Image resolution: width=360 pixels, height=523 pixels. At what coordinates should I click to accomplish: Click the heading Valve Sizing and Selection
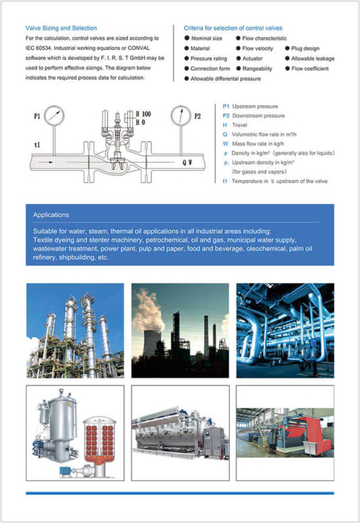coord(61,28)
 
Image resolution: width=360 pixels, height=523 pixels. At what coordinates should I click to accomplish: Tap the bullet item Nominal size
coord(203,39)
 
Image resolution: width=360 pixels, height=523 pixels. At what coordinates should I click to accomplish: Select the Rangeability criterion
coord(254,69)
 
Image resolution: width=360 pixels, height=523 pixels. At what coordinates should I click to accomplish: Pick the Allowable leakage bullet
coord(310,58)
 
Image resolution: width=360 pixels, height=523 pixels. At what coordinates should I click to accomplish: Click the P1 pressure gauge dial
coord(54,116)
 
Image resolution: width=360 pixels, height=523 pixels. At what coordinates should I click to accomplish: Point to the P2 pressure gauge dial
coord(181,116)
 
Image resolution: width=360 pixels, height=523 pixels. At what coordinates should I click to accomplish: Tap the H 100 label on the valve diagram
coord(143,114)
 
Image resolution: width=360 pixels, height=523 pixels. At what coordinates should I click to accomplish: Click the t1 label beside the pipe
coord(37,144)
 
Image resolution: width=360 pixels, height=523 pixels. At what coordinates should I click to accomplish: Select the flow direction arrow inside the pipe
coord(46,162)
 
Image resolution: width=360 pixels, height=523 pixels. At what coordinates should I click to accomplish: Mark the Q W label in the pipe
coord(187,162)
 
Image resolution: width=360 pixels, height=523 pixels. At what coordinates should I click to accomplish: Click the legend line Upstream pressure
coord(250,107)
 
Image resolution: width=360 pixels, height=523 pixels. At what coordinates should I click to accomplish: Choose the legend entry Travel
coord(235,125)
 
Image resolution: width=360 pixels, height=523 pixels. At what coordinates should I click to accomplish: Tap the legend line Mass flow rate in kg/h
coord(254,144)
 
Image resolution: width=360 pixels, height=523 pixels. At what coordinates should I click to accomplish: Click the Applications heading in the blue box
coord(51,215)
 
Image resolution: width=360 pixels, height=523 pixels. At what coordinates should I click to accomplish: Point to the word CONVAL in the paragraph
coord(139,48)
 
